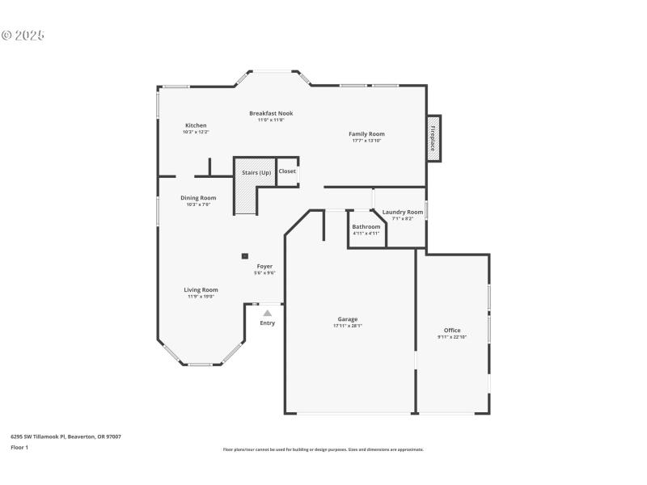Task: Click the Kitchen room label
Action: click(196, 125)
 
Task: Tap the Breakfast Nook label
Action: click(271, 113)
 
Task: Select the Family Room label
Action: click(366, 133)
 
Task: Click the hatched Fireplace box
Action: click(433, 138)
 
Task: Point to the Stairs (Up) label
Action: click(256, 172)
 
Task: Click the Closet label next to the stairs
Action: click(287, 171)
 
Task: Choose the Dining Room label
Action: click(198, 198)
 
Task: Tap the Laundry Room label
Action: click(403, 212)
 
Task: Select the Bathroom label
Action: click(366, 226)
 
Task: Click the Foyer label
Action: click(264, 266)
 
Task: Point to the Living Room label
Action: click(201, 289)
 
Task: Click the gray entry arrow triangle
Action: click(267, 312)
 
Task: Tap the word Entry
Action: click(267, 323)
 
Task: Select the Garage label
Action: click(348, 319)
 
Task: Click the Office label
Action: click(452, 330)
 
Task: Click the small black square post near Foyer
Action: click(244, 256)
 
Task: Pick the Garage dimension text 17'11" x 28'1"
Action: click(348, 326)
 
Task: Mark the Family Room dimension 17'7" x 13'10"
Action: click(366, 141)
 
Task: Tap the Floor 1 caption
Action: click(19, 447)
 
